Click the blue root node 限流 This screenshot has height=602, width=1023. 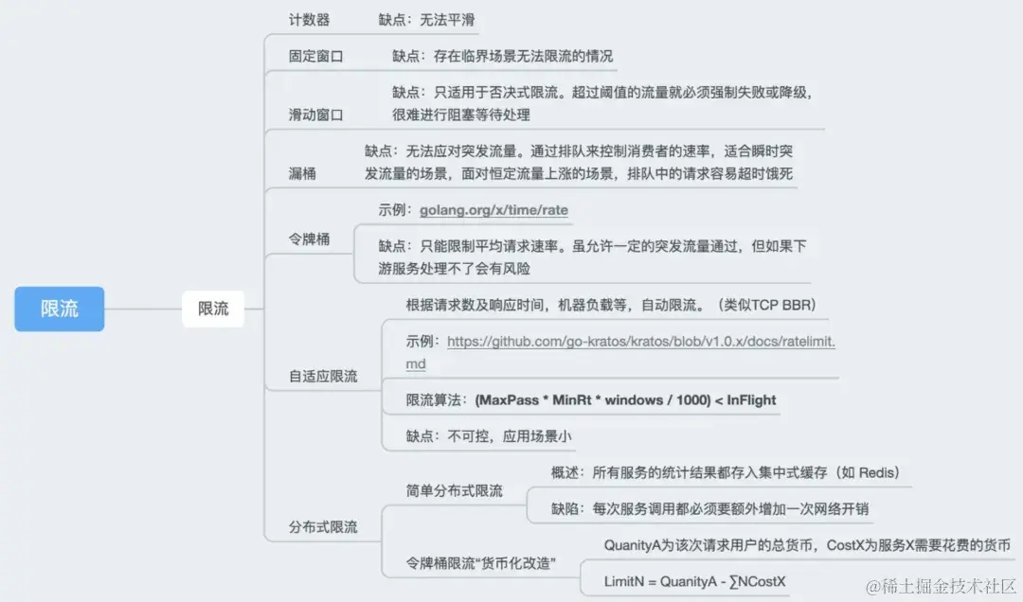59,309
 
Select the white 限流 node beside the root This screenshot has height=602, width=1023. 213,309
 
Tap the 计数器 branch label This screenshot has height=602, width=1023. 309,20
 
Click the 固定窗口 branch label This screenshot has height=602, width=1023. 316,56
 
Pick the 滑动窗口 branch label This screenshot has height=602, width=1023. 316,115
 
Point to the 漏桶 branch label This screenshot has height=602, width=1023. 302,173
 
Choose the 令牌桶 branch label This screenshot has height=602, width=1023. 309,239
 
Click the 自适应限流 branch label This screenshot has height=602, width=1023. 323,376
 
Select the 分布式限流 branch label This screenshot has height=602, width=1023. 323,526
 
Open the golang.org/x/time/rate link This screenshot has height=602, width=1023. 494,210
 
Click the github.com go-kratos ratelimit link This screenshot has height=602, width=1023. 640,342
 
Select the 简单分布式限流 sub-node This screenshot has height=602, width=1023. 454,490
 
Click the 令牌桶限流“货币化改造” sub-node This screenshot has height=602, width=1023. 480,564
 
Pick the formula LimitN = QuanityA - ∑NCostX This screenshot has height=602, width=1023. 695,581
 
